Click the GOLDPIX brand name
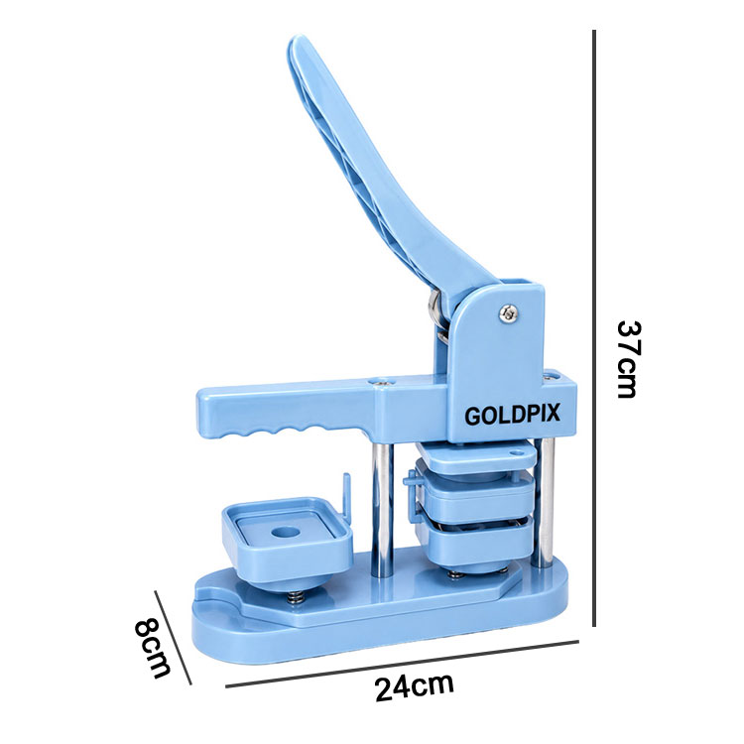(x=512, y=415)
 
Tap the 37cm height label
(x=629, y=359)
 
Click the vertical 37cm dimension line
(x=594, y=328)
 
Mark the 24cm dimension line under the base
(x=402, y=664)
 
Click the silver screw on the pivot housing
(x=508, y=312)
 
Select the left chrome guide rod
(x=382, y=510)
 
